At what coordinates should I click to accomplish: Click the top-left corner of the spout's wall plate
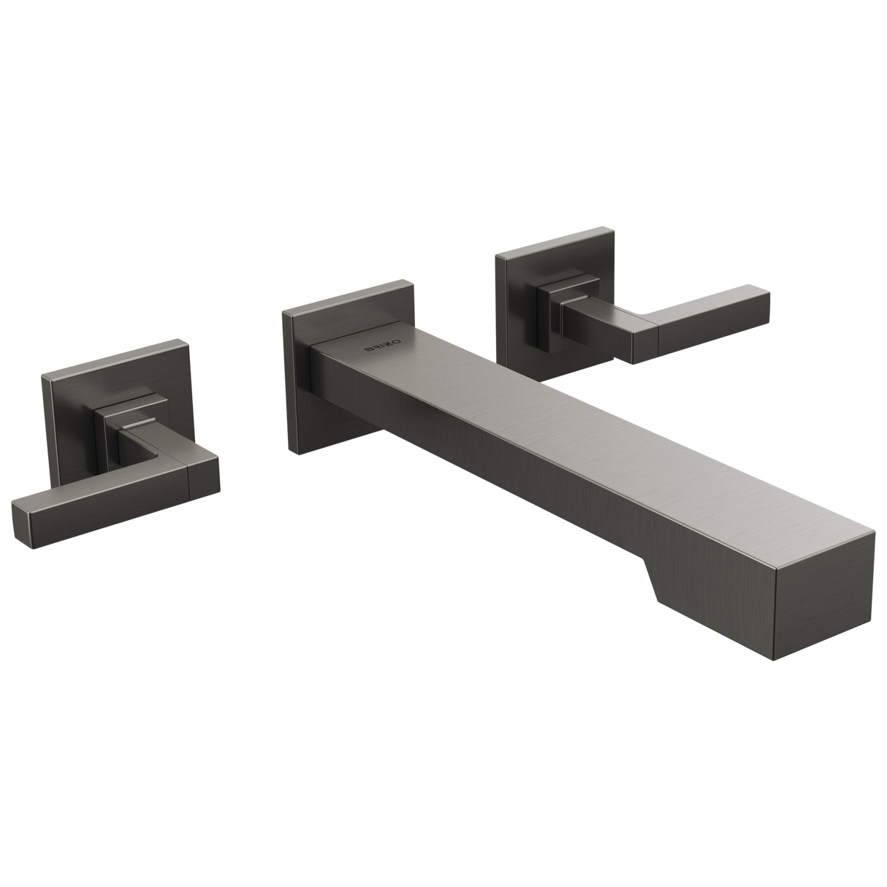[x=282, y=312]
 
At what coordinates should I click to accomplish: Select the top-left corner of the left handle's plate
[x=41, y=376]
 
